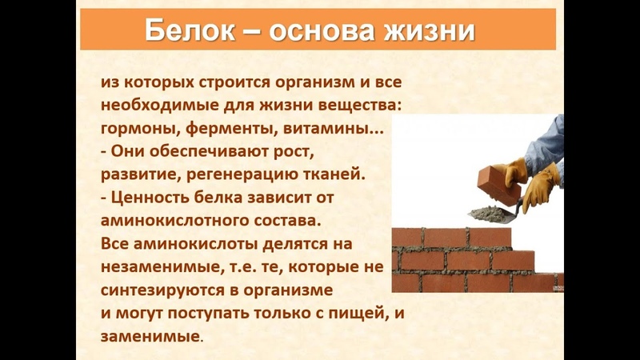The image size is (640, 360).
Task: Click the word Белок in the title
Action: point(190,30)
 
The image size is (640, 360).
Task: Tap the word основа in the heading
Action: point(322,31)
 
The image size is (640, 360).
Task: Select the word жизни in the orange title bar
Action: point(429,31)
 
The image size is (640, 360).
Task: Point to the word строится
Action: point(234,83)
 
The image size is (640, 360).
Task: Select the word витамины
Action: point(330,130)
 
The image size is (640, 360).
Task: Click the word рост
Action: point(293,152)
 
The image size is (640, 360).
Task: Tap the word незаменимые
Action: point(162,267)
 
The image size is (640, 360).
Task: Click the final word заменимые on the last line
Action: point(150,337)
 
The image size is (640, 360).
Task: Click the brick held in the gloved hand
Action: point(499,181)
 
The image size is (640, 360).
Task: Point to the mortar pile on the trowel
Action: point(487,214)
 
